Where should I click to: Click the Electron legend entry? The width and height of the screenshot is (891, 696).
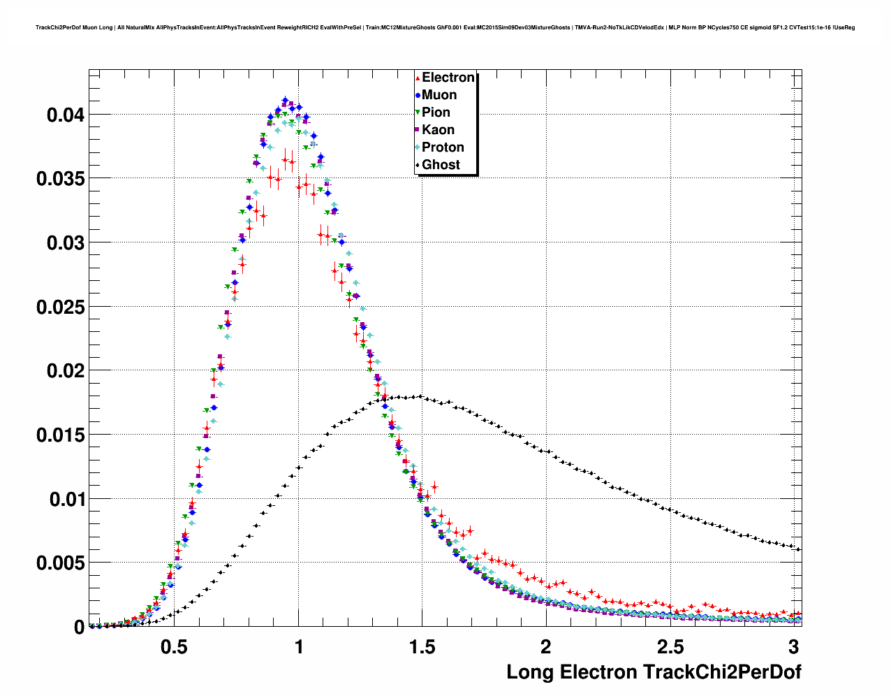click(x=448, y=78)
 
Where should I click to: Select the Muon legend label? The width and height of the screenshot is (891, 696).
click(x=439, y=95)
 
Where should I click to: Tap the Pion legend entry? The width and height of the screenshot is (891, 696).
click(x=436, y=113)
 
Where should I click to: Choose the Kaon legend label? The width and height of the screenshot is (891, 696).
click(x=438, y=130)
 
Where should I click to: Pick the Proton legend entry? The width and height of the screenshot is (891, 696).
click(x=443, y=147)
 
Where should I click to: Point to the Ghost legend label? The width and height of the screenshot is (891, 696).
click(x=441, y=165)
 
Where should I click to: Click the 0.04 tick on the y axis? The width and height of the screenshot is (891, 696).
click(x=66, y=115)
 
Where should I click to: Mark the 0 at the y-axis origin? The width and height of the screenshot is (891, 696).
click(x=79, y=628)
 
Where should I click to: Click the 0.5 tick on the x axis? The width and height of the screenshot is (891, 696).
click(x=174, y=646)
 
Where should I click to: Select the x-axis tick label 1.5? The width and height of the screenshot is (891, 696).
click(x=422, y=646)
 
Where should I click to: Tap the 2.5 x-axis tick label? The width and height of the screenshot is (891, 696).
click(x=669, y=646)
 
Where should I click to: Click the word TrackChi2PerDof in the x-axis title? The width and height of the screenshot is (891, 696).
click(x=721, y=672)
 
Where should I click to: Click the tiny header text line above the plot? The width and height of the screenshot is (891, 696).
click(x=445, y=28)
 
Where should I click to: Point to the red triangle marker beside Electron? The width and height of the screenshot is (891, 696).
click(x=418, y=78)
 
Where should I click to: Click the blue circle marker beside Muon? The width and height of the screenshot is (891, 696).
click(x=418, y=95)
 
